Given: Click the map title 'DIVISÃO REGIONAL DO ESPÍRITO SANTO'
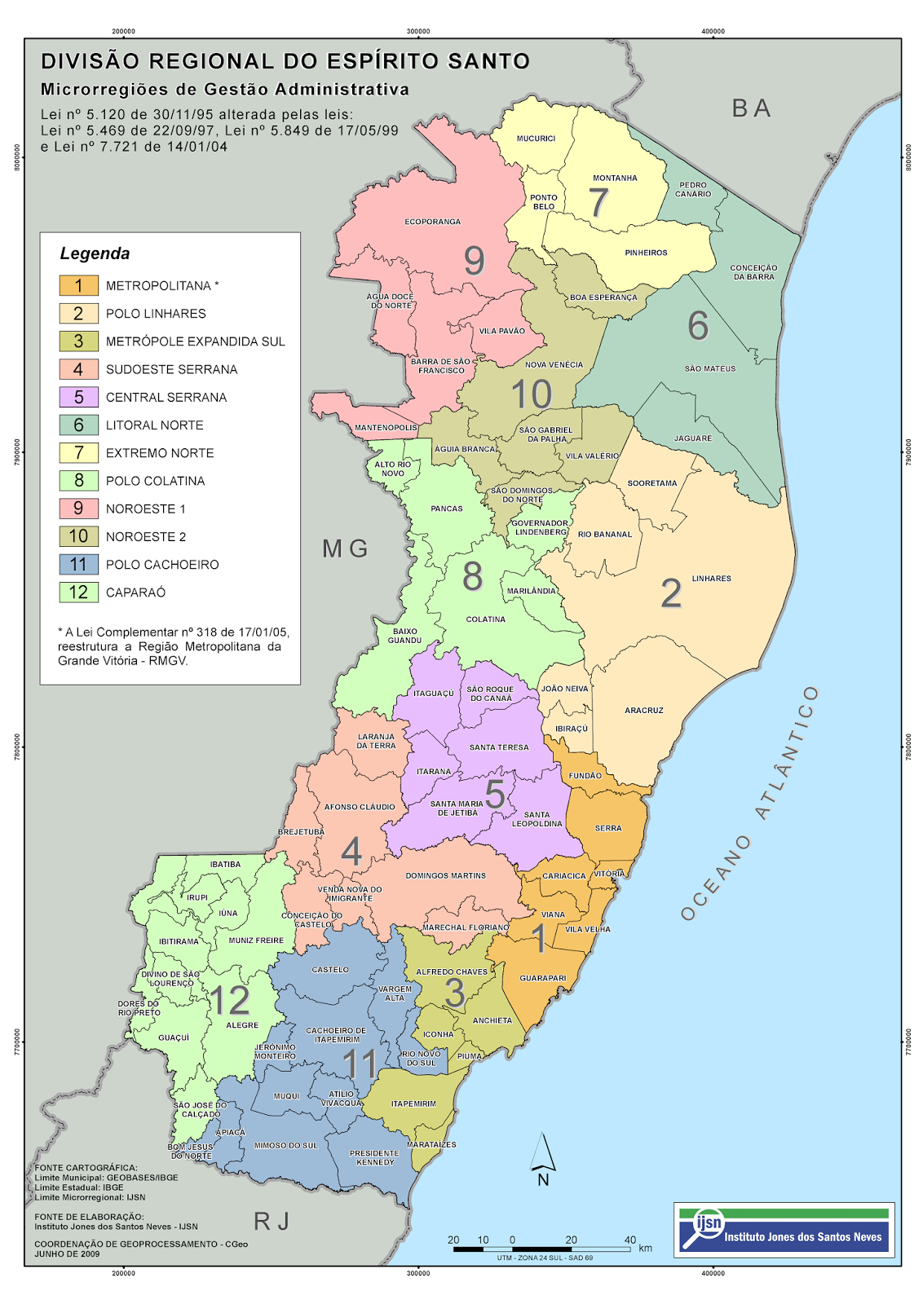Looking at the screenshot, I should click(285, 62).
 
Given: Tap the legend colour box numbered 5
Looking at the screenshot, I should click(78, 397).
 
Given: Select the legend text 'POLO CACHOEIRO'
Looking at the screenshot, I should click(162, 565).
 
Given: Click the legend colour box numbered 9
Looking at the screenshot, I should click(78, 509).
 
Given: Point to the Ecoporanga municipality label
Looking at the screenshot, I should click(433, 222).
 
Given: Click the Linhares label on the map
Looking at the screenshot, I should click(711, 579).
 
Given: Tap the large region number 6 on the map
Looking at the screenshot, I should click(698, 326).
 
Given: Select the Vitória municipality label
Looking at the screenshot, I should click(609, 874).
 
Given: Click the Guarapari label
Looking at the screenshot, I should click(543, 978).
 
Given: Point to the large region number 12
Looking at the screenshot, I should click(229, 1000).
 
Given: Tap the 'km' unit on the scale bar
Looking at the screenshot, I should click(646, 1248).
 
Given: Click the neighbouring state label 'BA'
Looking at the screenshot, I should click(751, 108).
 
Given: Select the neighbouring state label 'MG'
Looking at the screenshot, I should click(345, 548).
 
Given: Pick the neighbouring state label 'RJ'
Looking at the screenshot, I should click(272, 1221).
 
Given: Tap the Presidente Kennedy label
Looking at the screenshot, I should click(374, 1157).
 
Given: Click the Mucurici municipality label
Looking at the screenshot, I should click(536, 139).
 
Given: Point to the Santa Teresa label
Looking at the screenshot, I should click(499, 747).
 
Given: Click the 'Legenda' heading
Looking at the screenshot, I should click(95, 253).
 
